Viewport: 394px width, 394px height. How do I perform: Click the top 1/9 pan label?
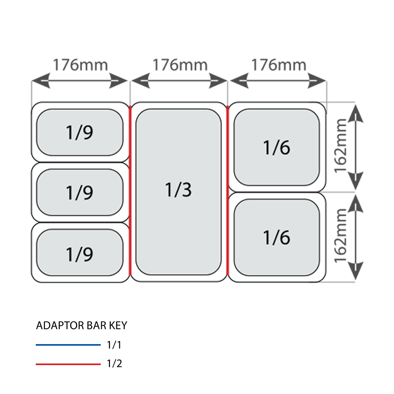point(79,132)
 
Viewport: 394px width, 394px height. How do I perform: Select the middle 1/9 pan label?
point(79,192)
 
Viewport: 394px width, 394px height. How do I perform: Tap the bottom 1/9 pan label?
point(79,254)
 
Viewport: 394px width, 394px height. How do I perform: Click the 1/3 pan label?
point(178,190)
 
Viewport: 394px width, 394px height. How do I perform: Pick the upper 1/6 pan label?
point(277,147)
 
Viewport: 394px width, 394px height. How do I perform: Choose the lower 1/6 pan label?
point(277,237)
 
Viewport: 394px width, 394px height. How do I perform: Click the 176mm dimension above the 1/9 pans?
point(80,65)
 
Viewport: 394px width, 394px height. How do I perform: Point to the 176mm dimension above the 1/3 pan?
point(180,65)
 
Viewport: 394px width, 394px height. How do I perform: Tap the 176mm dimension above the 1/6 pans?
point(279,65)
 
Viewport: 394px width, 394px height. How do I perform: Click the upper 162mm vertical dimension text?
point(340,145)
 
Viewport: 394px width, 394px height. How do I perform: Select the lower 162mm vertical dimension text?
point(340,235)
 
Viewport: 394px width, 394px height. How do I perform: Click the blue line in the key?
point(68,345)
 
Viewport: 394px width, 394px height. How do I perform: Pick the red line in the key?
point(68,364)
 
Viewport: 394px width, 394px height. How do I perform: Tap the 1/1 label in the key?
point(114,345)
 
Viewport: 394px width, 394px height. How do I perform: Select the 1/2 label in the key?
point(114,364)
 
